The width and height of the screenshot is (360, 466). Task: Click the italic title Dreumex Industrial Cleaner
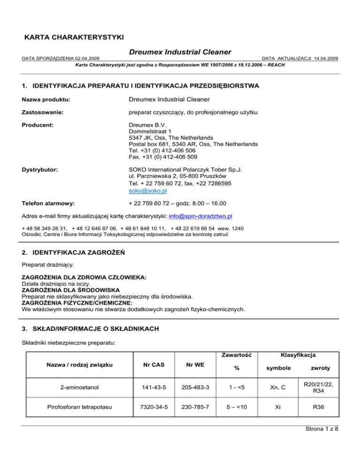point(180,51)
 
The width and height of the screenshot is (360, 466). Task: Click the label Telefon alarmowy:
point(50,203)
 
